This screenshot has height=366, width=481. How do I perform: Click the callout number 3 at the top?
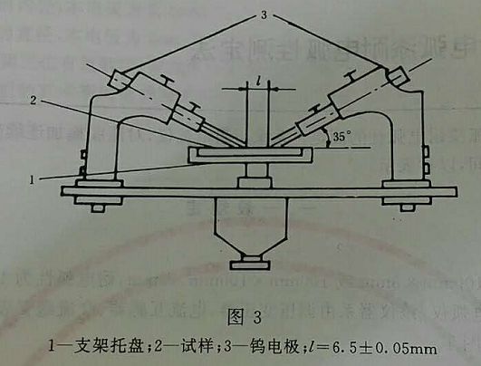(x=264, y=14)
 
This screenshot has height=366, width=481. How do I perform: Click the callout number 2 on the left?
(x=34, y=100)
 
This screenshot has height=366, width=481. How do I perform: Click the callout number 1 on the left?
(x=32, y=179)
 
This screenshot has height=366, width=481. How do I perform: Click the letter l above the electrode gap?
(x=259, y=81)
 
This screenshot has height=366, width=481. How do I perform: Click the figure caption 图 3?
(x=245, y=316)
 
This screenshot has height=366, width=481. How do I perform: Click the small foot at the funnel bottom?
(x=250, y=265)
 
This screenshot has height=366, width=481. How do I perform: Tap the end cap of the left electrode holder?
(x=118, y=80)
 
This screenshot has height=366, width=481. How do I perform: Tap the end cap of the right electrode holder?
(x=398, y=76)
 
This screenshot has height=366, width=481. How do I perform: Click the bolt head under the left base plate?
(x=99, y=208)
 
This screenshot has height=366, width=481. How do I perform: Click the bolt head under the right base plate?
(x=407, y=208)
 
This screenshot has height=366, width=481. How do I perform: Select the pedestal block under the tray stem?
(x=255, y=182)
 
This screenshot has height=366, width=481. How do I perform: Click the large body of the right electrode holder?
(x=359, y=92)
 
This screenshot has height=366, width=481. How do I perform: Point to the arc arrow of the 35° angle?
(x=326, y=138)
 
